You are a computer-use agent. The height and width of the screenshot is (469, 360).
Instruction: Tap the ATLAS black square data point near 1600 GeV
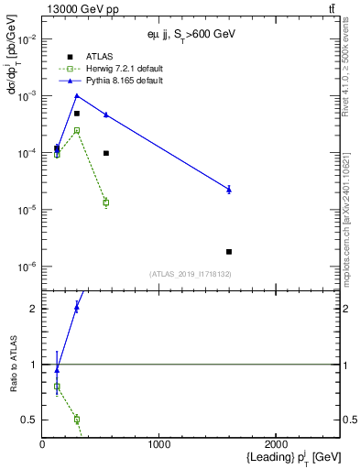coord(229,251)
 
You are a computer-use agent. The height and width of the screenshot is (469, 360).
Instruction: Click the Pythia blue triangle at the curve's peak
coord(77,95)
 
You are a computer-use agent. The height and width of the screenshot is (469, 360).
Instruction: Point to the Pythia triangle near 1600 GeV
coord(229,189)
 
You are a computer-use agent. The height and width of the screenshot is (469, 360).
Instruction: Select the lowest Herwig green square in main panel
coord(106,202)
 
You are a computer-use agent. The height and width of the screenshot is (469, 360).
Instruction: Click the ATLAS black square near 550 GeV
coord(106,153)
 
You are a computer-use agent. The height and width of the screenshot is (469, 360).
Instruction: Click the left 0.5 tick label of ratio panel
coord(31,420)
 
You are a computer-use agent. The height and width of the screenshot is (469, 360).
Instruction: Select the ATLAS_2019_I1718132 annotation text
coord(190,274)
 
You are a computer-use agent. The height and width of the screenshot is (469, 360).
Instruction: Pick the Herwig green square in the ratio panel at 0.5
coord(77,420)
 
